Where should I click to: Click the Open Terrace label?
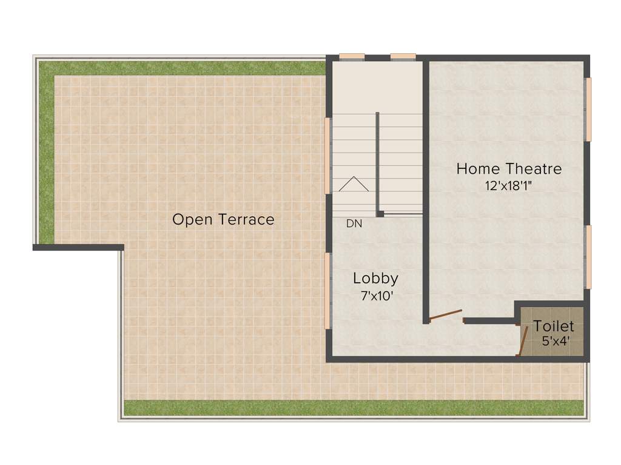[x=223, y=219]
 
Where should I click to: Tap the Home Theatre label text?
[x=509, y=168]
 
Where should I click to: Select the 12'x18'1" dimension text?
[x=509, y=186]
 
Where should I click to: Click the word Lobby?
[x=376, y=279]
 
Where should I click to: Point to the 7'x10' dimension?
[x=376, y=296]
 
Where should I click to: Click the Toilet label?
[x=554, y=327]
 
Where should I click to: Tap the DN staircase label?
[x=354, y=223]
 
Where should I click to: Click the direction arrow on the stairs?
[x=354, y=184]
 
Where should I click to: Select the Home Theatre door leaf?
[x=445, y=315]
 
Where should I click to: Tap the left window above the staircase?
[x=352, y=57]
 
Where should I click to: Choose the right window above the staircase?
[x=403, y=57]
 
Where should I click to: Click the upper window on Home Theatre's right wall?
[x=588, y=110]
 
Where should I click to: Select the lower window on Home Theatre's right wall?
[x=588, y=257]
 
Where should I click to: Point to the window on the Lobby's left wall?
[x=328, y=291]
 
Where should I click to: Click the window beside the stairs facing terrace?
[x=328, y=155]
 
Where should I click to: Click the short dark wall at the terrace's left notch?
[x=78, y=247]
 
